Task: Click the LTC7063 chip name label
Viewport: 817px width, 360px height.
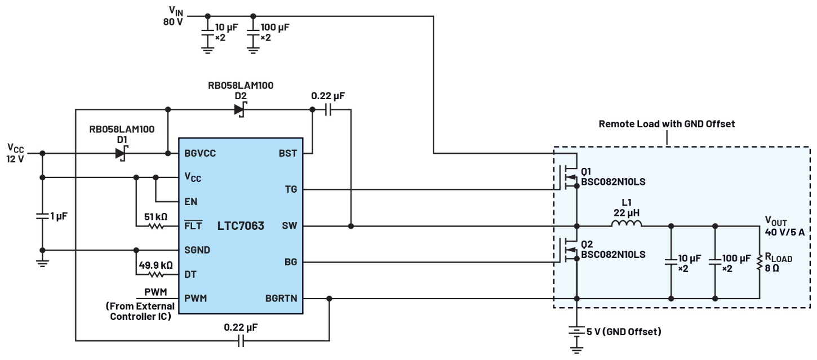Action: click(240, 226)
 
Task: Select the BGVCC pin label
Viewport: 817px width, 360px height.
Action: click(199, 153)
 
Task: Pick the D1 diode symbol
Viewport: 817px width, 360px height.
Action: click(121, 153)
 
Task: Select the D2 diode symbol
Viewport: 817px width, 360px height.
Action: click(239, 109)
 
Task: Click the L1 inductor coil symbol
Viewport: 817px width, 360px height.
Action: click(627, 225)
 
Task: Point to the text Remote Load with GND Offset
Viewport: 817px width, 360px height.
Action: click(667, 124)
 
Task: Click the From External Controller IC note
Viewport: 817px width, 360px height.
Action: click(140, 310)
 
